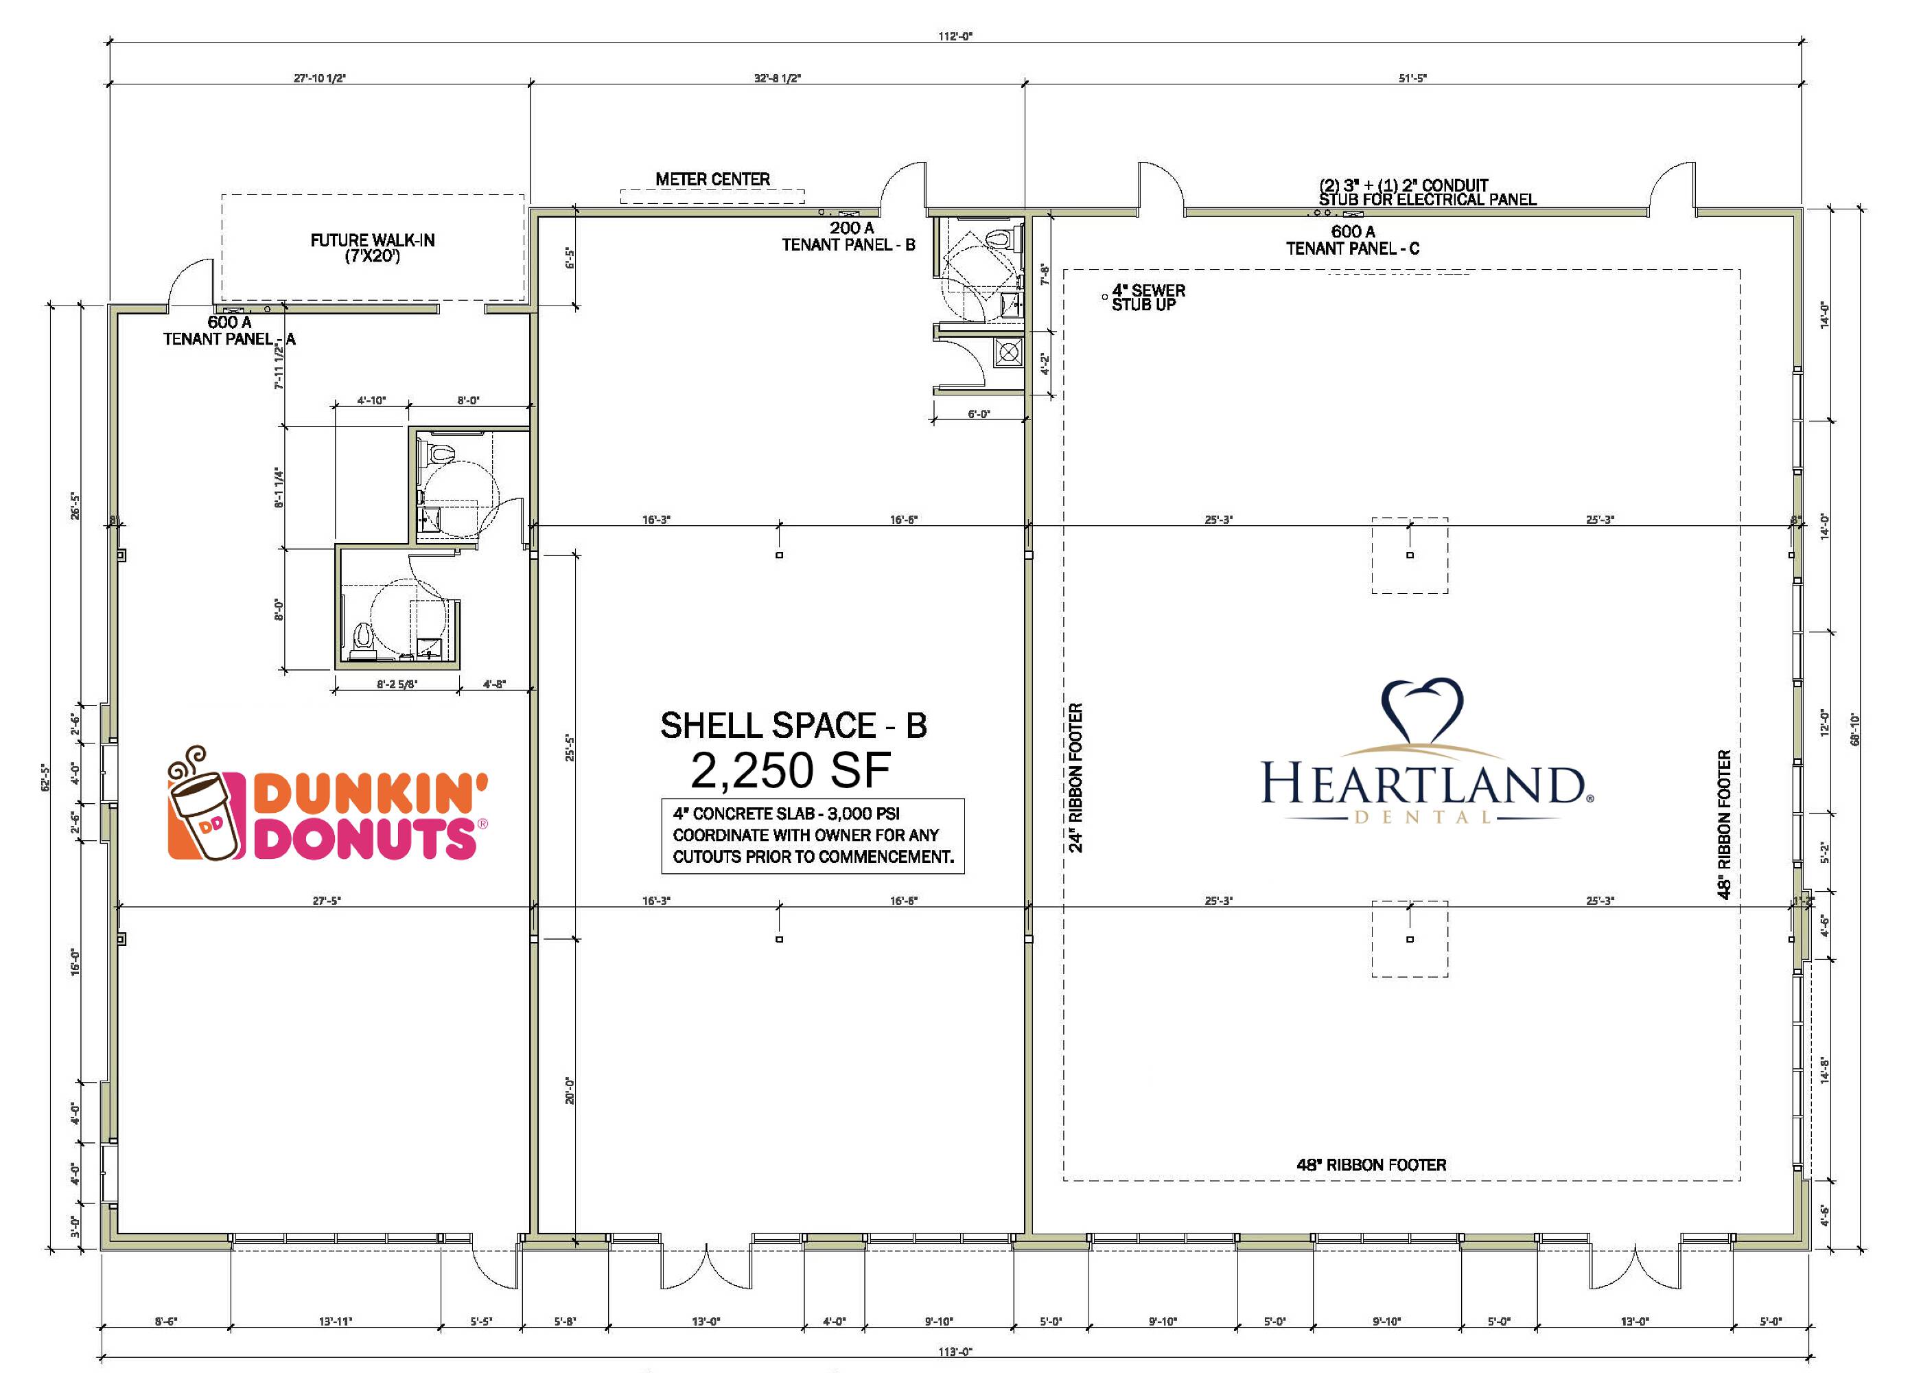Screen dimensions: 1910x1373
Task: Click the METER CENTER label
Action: (712, 179)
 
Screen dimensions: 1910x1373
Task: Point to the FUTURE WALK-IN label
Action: (372, 248)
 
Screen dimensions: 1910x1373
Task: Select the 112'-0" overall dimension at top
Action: (955, 36)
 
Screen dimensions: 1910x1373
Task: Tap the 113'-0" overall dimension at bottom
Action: (955, 1352)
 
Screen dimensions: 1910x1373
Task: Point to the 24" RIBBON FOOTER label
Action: (1075, 778)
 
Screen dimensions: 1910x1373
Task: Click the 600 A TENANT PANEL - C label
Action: (1353, 240)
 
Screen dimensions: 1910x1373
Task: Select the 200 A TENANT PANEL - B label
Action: (849, 236)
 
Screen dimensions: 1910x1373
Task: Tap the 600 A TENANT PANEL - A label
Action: (229, 330)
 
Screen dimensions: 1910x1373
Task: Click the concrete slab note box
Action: (813, 835)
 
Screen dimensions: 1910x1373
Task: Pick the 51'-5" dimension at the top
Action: (1412, 78)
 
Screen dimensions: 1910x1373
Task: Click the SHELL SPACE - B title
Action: (793, 725)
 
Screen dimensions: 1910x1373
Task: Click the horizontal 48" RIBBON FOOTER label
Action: (1371, 1165)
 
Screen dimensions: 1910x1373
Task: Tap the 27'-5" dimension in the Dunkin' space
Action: (327, 901)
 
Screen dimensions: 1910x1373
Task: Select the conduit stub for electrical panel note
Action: (1428, 192)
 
